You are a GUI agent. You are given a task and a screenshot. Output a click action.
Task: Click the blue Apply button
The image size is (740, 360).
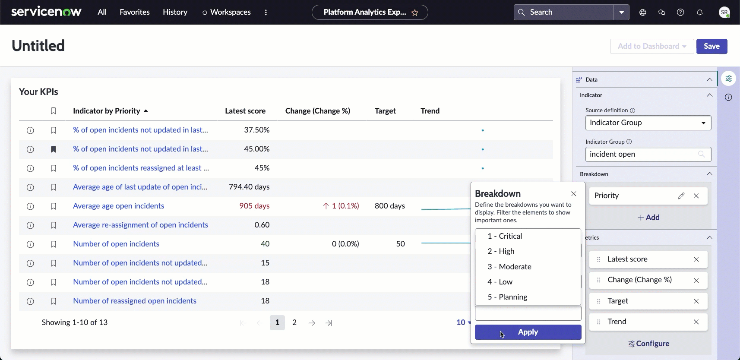click(528, 332)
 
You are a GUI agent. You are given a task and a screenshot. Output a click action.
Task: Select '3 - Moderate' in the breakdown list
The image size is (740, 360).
click(509, 266)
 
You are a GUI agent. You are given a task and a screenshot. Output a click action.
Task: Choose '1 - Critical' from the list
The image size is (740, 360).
click(505, 236)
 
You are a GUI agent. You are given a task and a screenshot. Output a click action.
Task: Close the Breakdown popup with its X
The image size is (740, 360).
click(573, 194)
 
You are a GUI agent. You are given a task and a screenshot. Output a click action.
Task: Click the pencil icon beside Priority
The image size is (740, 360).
click(681, 196)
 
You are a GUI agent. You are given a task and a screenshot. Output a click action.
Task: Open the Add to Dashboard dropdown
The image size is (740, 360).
click(652, 46)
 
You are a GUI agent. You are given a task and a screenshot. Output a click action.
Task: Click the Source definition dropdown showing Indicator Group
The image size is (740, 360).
click(648, 123)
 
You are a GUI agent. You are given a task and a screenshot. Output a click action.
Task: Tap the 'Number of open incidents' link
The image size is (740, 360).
click(116, 244)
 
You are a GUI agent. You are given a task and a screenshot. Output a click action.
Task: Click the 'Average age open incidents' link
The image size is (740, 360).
click(119, 206)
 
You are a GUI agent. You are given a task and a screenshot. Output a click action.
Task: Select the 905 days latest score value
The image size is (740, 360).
click(254, 206)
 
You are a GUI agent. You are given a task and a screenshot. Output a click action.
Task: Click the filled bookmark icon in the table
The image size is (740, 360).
click(53, 149)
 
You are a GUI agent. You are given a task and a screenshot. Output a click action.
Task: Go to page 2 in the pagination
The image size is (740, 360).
click(294, 322)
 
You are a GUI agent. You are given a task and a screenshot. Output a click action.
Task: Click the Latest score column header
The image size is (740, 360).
click(245, 111)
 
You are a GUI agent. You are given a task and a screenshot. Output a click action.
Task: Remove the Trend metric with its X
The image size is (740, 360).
click(696, 322)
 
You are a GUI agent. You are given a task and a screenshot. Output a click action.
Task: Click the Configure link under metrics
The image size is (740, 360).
click(648, 344)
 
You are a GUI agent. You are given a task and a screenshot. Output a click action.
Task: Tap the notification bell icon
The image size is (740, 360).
click(700, 12)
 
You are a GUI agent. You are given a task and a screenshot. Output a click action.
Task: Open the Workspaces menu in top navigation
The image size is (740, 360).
click(227, 12)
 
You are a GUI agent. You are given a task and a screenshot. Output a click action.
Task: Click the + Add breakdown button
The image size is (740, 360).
click(648, 217)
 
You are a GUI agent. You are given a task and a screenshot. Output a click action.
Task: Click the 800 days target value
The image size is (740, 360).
click(390, 206)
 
